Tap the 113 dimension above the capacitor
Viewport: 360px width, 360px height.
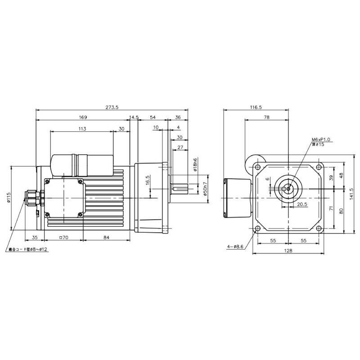coord(82,129)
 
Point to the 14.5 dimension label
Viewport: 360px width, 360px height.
coord(134,117)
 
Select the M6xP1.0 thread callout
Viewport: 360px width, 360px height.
coord(321,140)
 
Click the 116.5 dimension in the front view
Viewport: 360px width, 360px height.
coord(255,108)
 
